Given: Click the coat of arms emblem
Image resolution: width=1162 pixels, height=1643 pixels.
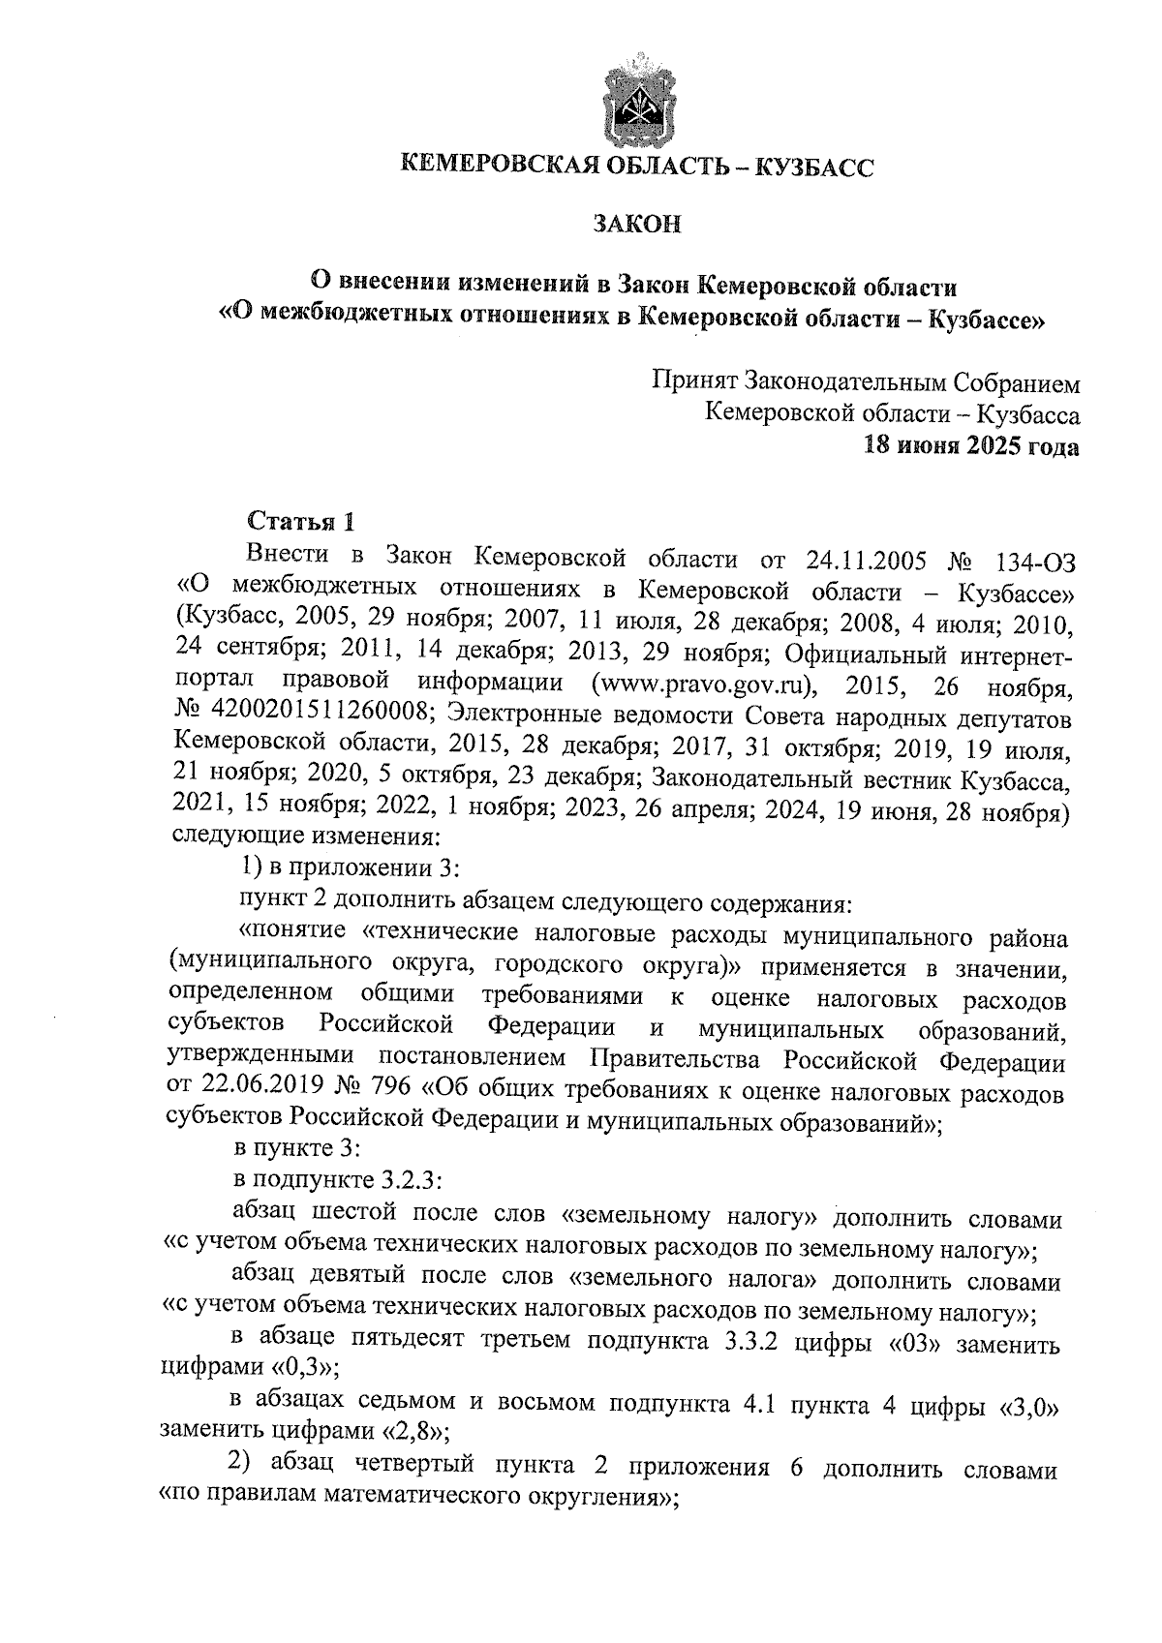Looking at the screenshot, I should coord(636,103).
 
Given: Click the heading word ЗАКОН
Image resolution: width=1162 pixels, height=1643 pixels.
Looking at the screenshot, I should coord(636,225).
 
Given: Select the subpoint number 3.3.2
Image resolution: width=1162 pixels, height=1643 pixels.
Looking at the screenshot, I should coord(765,1345).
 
